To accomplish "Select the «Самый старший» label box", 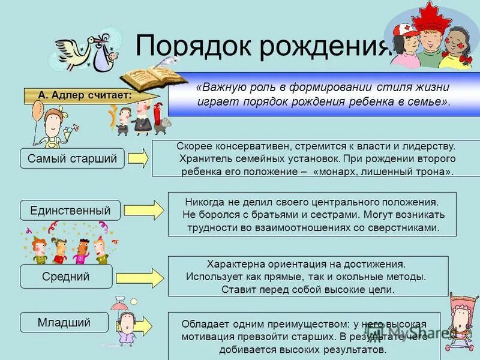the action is click(x=72, y=158).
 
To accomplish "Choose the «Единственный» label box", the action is click(x=70, y=210).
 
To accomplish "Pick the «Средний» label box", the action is click(x=66, y=276).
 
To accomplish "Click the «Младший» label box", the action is click(x=64, y=322).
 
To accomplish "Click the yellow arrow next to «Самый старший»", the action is click(x=139, y=158).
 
